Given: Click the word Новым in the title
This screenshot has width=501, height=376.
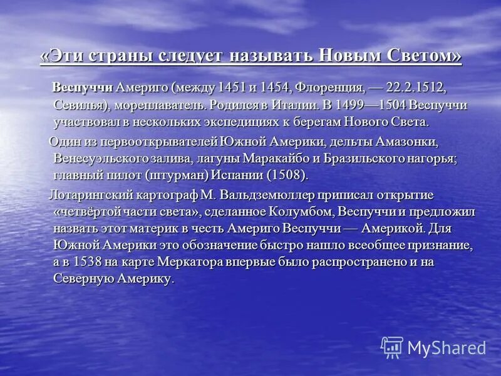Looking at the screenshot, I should tap(347, 56).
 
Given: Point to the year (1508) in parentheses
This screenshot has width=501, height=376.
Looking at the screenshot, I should tap(288, 175).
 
